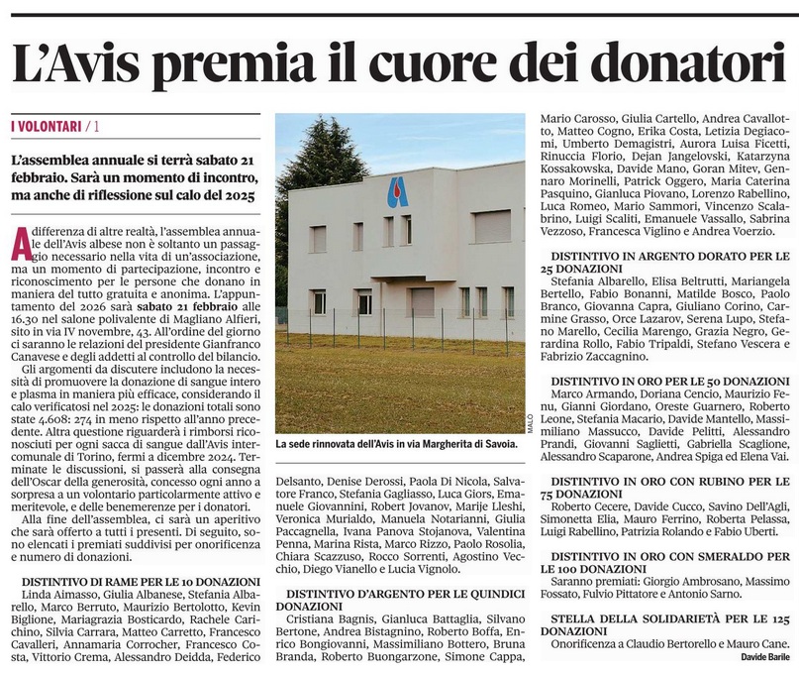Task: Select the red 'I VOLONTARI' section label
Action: [x=47, y=126]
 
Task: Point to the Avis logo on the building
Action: [x=397, y=191]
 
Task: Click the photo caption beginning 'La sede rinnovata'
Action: [x=396, y=445]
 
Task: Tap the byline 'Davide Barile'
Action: [x=755, y=656]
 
